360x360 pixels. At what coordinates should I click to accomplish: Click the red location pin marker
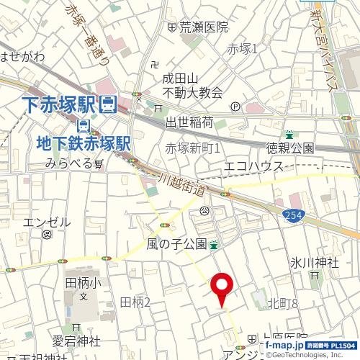221,288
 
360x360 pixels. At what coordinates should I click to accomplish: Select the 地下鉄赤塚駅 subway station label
82,143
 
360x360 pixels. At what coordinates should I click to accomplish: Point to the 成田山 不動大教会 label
191,85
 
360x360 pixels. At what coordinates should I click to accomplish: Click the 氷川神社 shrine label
315,263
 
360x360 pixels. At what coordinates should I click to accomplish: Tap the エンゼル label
47,222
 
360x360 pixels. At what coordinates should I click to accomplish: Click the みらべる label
69,163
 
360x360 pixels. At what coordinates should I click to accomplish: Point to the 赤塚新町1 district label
192,148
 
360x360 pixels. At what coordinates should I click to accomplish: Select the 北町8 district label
282,304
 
